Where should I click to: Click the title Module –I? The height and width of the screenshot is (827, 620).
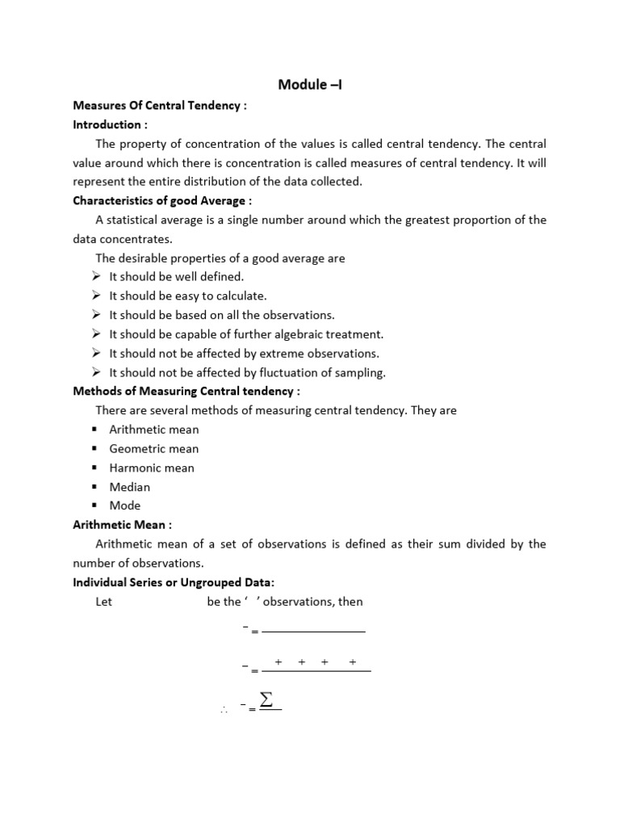[x=310, y=84]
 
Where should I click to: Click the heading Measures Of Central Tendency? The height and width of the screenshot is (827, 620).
[x=158, y=106]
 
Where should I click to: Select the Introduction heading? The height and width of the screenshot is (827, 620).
[x=111, y=124]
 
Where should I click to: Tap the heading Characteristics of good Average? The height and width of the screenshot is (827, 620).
[x=162, y=200]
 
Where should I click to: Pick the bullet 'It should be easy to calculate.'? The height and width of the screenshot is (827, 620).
[x=187, y=296]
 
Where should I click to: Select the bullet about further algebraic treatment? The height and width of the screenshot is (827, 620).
[x=246, y=334]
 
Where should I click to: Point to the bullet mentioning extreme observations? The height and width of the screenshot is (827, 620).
[x=244, y=353]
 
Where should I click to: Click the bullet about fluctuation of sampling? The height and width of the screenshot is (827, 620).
[x=247, y=372]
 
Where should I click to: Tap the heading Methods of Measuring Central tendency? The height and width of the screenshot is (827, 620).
[x=186, y=392]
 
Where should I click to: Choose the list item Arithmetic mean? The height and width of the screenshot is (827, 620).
[x=153, y=430]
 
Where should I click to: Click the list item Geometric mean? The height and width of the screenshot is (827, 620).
[x=153, y=449]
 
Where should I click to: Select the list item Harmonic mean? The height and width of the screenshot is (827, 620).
[x=152, y=468]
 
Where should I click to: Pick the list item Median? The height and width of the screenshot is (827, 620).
[x=129, y=487]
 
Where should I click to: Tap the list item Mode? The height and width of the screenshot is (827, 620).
[x=124, y=506]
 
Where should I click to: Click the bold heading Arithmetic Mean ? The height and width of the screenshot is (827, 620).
[x=123, y=525]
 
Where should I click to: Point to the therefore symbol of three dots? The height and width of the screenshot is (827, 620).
[x=223, y=710]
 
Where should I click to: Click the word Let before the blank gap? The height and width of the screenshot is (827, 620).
[x=103, y=602]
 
